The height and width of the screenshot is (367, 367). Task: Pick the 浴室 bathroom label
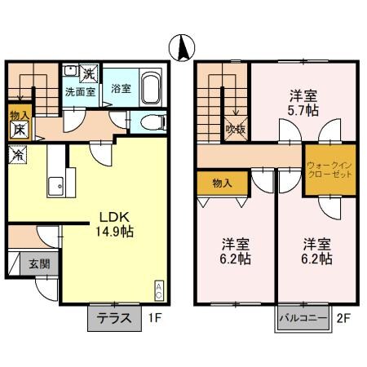point(121,89)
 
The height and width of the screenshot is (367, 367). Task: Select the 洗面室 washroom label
point(81,91)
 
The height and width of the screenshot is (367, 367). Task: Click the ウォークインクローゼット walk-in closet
point(329,170)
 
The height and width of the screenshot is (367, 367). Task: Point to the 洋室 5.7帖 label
point(303,99)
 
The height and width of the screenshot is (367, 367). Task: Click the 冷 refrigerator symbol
point(17,153)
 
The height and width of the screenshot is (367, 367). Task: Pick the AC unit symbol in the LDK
point(158,290)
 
